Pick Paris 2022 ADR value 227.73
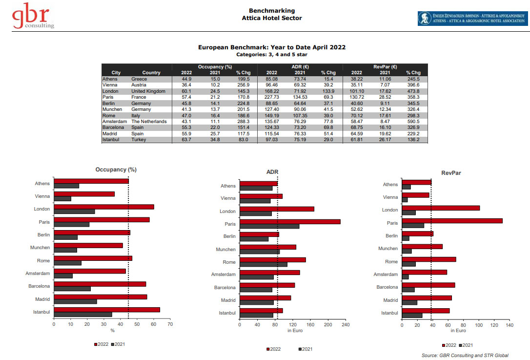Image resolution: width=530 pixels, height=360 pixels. tap(271, 97)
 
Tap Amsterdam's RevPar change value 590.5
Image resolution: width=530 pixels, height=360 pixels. tap(412, 122)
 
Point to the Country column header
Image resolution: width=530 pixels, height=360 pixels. tap(151, 73)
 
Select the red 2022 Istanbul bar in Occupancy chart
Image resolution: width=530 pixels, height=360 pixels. tap(107, 310)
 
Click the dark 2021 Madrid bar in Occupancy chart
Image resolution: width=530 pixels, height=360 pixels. tap(75, 301)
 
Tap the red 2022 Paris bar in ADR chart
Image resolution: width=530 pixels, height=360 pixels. tap(290, 222)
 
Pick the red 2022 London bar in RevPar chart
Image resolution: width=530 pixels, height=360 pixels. tap(441, 208)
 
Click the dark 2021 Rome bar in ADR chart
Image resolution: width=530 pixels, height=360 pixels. tap(264, 265)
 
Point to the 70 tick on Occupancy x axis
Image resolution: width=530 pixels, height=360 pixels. tap(169, 323)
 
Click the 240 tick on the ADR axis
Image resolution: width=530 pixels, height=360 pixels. tap(346, 324)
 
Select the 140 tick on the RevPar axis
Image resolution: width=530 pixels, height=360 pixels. tap(509, 324)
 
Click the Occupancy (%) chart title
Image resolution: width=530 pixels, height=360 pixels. tap(116, 169)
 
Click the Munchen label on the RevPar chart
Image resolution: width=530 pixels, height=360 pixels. tap(388, 249)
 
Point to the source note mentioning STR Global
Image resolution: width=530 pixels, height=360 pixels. tap(465, 355)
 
